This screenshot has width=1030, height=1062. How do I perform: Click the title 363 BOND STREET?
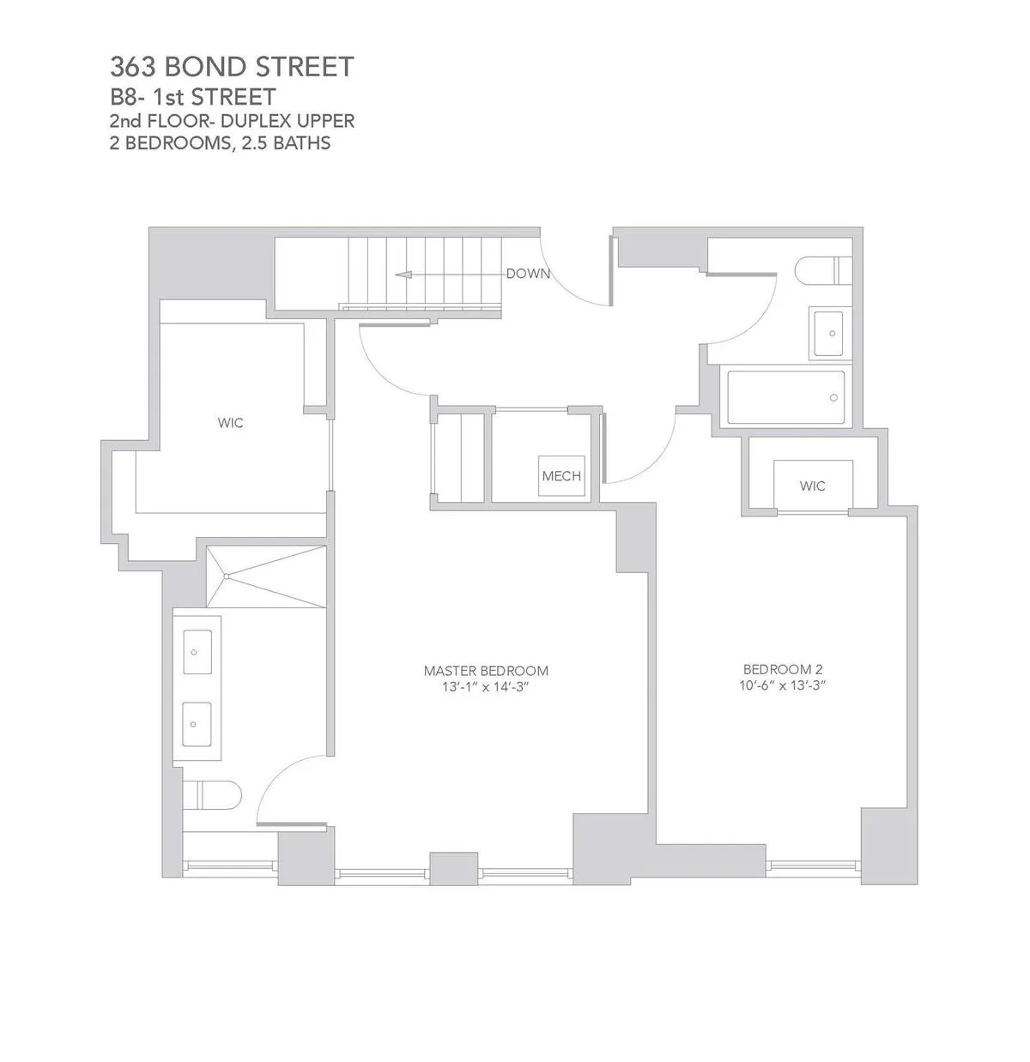[x=232, y=67]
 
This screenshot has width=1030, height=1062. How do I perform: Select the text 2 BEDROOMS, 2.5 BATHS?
[x=220, y=143]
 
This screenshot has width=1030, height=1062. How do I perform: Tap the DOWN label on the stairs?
[x=527, y=274]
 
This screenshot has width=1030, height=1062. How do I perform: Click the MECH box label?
[x=561, y=476]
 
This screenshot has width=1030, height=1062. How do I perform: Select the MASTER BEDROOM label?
[x=486, y=671]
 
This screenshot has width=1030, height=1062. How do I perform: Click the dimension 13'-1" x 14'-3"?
[x=486, y=687]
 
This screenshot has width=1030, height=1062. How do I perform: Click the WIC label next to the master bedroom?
[x=230, y=423]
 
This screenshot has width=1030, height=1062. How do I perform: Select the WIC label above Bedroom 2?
[x=812, y=486]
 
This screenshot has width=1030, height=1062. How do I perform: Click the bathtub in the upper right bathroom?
[x=785, y=397]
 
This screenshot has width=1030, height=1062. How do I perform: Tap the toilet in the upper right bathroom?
[x=815, y=269]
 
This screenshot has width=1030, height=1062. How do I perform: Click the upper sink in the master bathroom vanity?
[x=198, y=652]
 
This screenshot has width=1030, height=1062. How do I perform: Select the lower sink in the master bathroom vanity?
[x=198, y=725]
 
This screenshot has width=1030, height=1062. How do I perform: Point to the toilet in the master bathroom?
[x=206, y=794]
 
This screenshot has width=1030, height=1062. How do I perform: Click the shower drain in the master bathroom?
[x=227, y=576]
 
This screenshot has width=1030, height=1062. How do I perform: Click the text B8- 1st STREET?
[x=193, y=95]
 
